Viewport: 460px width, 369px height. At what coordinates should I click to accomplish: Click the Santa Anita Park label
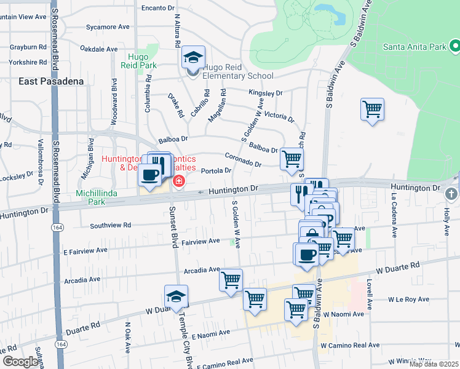pos(414,46)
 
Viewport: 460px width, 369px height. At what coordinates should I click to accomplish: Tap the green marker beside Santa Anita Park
pos(454,46)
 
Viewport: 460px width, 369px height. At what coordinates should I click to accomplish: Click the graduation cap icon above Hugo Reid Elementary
pos(193,58)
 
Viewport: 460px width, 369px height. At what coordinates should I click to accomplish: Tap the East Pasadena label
pos(50,81)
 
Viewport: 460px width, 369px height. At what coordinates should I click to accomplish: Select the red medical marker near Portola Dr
pos(179,181)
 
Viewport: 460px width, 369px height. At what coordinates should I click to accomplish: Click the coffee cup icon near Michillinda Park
pos(150,175)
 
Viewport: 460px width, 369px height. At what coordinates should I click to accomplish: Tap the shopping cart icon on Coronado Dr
pos(291,158)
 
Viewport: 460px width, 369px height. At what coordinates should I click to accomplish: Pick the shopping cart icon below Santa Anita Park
pos(372,109)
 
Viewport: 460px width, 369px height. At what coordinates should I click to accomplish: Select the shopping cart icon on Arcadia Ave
pos(231,280)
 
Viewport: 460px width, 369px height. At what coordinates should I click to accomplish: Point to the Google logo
pos(21,362)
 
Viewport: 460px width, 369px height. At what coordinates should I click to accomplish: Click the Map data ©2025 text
pos(434,364)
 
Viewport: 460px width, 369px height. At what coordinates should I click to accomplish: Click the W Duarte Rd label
pos(397,266)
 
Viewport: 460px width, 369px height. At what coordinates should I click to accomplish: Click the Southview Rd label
pos(111,226)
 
